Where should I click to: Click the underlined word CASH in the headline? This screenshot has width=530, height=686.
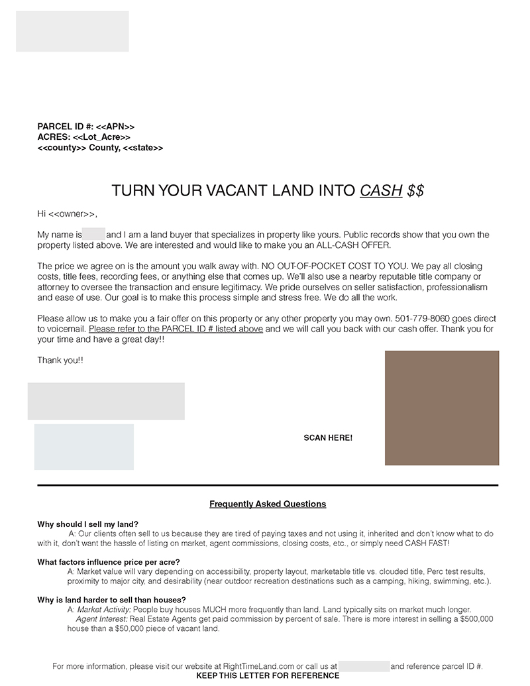point(381,191)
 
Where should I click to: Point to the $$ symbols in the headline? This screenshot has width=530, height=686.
point(415,191)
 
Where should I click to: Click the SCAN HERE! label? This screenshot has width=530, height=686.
point(328,438)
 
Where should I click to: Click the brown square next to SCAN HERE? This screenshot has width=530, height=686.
point(442,408)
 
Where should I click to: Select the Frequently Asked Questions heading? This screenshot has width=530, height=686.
point(268,504)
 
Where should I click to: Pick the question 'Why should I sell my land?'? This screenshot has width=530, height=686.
point(88,524)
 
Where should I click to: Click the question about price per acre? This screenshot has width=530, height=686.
point(109,562)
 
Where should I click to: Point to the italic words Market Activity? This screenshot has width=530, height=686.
point(102,610)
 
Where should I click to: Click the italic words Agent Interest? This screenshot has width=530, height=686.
point(101,619)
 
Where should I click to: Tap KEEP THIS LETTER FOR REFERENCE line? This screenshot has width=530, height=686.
point(268,676)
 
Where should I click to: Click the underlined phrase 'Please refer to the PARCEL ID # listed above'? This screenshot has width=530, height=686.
point(176,329)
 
